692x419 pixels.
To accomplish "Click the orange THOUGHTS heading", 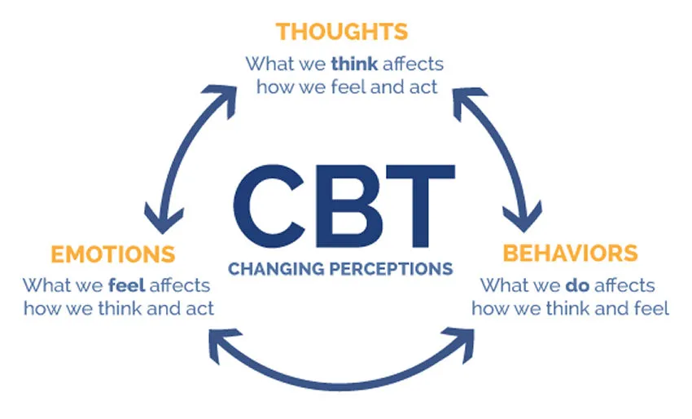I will click(341, 32).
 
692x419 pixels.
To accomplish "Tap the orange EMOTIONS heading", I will click(112, 254).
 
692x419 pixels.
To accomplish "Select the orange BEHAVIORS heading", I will click(570, 253).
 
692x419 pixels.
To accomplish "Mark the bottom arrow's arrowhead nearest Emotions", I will click(220, 338).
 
